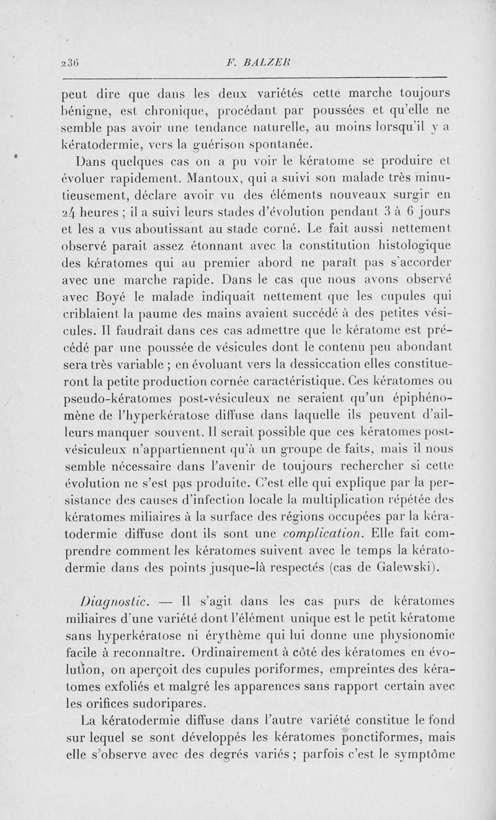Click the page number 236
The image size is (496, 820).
coord(69,63)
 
